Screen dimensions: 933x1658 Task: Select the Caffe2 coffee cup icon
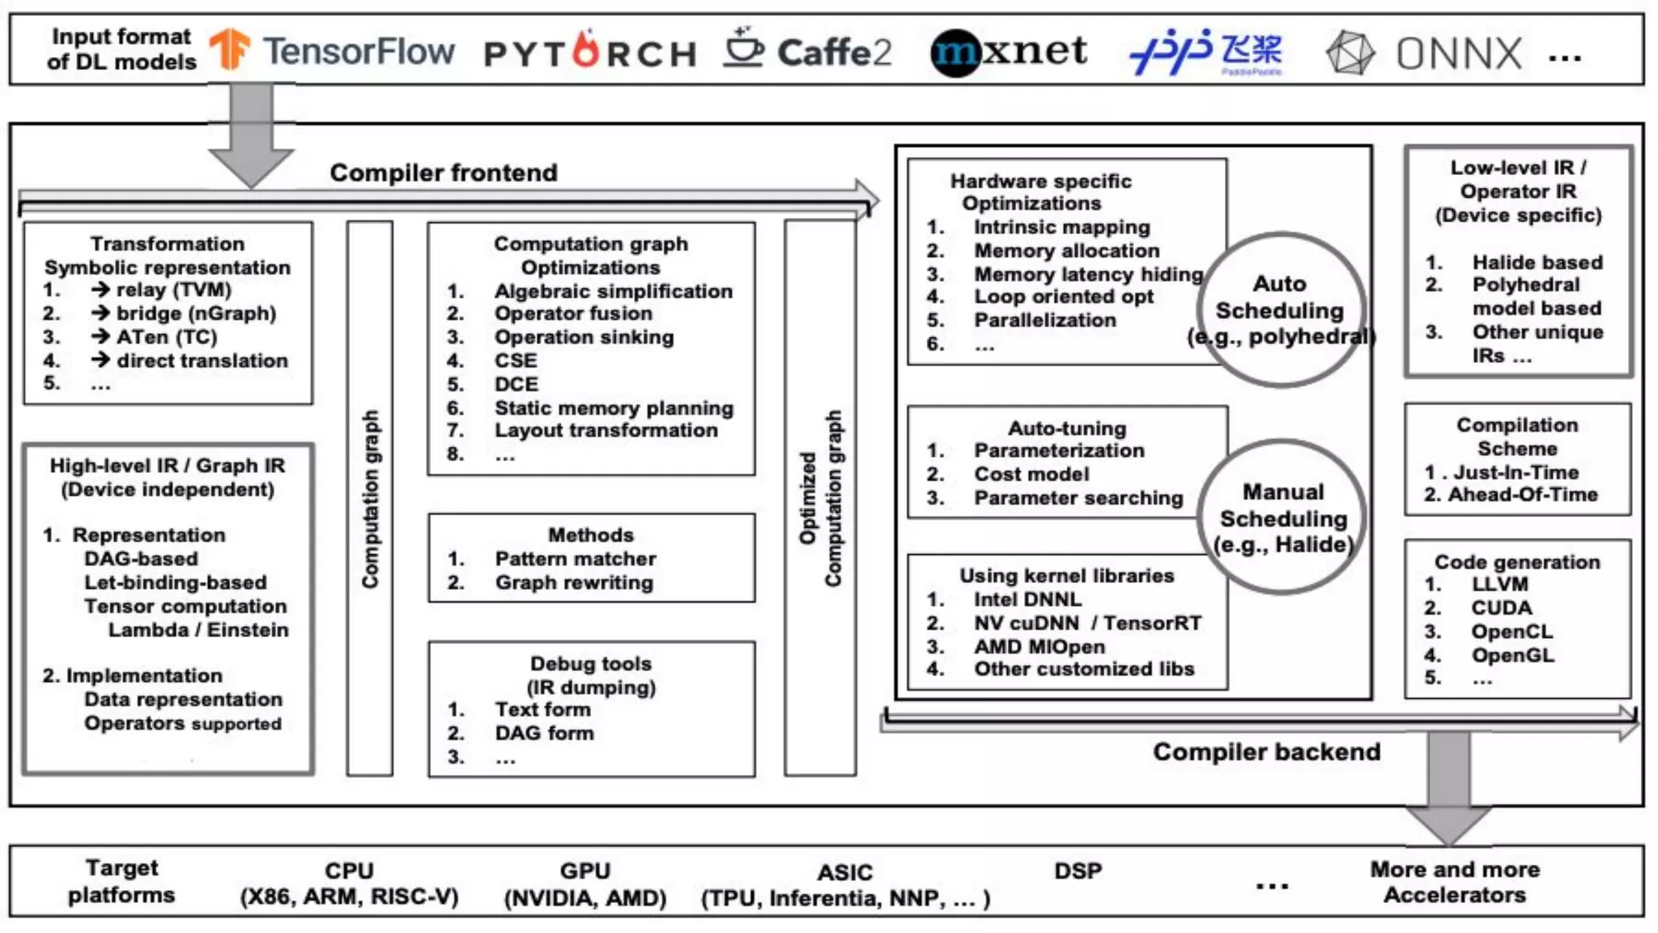point(743,48)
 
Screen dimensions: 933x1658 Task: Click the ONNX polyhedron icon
point(1350,53)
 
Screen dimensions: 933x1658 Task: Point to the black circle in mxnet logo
point(956,53)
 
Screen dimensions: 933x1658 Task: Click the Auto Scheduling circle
point(1281,309)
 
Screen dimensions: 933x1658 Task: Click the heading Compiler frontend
point(444,173)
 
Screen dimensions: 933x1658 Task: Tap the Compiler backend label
point(1266,752)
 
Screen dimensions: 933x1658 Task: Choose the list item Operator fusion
point(573,313)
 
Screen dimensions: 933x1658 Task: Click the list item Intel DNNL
point(1027,599)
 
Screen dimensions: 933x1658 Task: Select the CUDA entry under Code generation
point(1501,608)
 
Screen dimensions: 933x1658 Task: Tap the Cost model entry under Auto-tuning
point(1031,474)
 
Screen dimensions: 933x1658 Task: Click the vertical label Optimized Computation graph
point(820,498)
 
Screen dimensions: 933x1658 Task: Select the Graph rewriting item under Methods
point(573,582)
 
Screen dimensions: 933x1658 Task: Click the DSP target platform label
point(1078,871)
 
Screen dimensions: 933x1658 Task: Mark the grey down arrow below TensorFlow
point(251,134)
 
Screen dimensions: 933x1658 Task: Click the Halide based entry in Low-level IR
point(1537,262)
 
